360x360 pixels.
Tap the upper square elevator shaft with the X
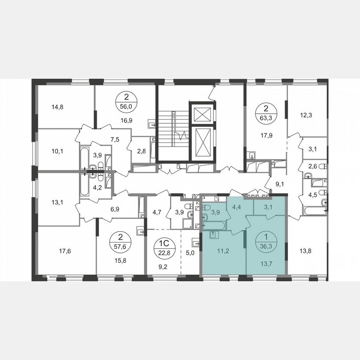202,113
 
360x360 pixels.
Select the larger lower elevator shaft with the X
202,141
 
